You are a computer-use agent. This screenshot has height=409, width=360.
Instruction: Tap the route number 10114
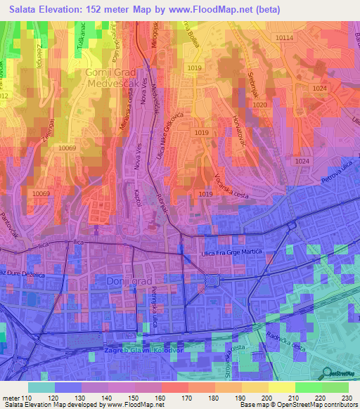pos(285,37)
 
